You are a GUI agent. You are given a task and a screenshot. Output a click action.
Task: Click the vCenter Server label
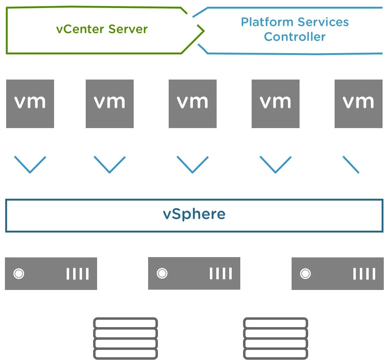point(102,29)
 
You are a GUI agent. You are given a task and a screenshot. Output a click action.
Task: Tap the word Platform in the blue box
point(267,22)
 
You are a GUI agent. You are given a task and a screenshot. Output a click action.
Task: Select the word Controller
point(295,37)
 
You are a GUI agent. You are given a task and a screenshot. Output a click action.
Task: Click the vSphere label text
point(194,214)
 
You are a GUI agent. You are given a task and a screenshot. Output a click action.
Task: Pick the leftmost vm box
point(30,104)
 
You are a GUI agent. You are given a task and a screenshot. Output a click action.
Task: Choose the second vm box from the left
point(110,104)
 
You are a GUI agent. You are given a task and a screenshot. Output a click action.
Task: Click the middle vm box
point(193,104)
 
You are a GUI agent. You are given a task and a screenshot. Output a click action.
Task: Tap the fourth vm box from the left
point(276,104)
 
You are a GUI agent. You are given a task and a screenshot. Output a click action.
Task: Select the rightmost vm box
point(359,104)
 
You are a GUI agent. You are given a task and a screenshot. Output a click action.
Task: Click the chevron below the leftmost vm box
point(30,165)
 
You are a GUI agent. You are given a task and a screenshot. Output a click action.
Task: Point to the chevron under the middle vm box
point(193,165)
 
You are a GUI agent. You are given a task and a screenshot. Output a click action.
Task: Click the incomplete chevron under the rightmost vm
point(351,165)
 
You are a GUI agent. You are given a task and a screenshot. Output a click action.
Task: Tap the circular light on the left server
point(19,274)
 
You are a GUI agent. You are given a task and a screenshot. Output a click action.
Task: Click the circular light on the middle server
point(162,273)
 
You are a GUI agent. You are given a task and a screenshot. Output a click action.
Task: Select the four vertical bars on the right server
point(364,274)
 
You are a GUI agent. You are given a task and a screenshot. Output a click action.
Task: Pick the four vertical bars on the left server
point(77,274)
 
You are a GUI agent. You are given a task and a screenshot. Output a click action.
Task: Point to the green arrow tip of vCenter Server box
point(204,31)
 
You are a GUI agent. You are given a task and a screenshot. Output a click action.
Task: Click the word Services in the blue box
point(323,22)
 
